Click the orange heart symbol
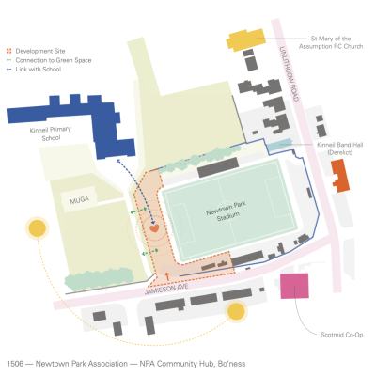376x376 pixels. point(154,228)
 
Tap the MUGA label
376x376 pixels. point(80,200)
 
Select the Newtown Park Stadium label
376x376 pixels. point(227,211)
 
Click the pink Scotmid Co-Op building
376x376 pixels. point(294,286)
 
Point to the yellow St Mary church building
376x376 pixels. point(246,39)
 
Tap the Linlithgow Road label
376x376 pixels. point(289,73)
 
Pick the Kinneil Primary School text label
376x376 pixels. point(51,133)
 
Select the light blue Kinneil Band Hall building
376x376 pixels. point(280,145)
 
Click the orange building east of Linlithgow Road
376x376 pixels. point(340,176)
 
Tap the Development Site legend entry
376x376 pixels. point(36,51)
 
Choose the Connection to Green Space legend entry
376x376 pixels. point(49,60)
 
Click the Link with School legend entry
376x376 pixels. point(34,70)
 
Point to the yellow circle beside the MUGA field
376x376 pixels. point(38,228)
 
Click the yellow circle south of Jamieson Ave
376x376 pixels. point(236,311)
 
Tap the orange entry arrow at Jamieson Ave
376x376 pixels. point(167,276)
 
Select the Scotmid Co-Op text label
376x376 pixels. point(342,335)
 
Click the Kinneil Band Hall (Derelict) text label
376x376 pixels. point(340,149)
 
